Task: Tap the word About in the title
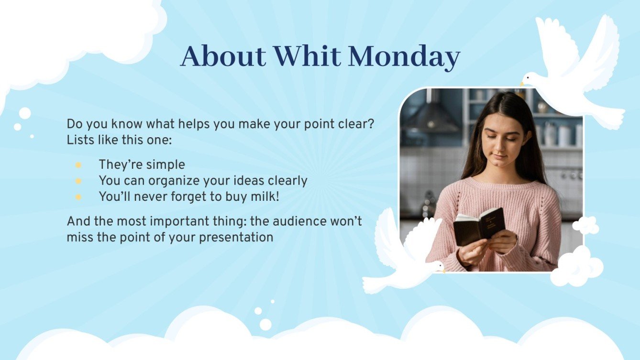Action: pos(223,56)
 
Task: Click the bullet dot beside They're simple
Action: pos(78,165)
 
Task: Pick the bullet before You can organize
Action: pos(78,181)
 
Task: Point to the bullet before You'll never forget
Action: pos(78,196)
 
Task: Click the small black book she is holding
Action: pos(479,226)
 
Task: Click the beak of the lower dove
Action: pos(443,270)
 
